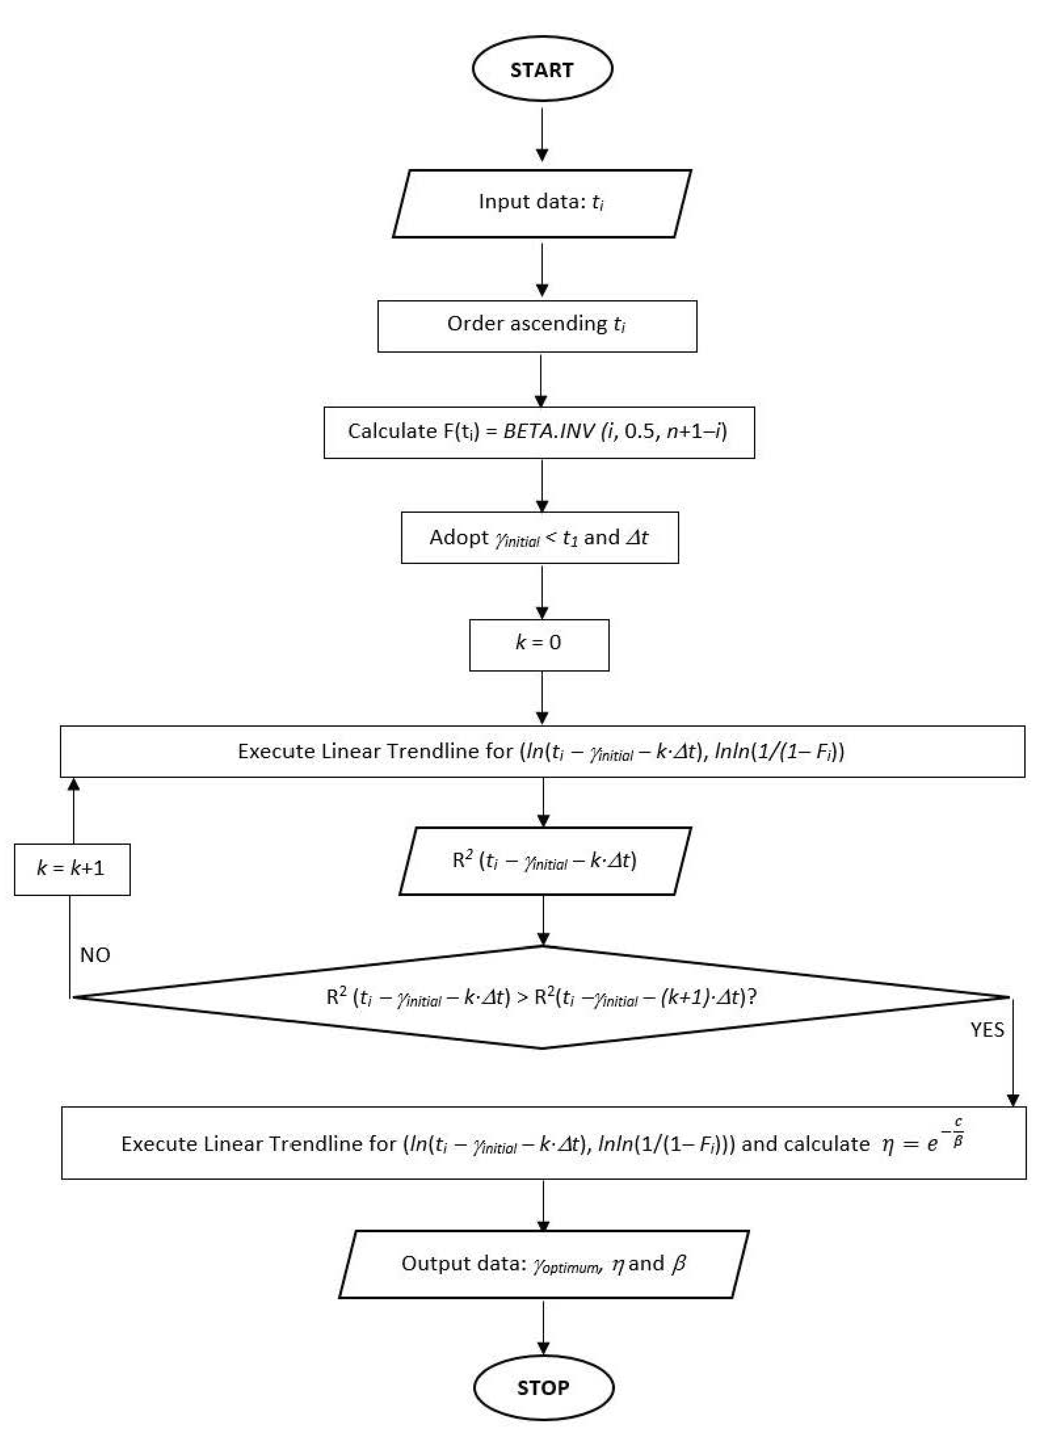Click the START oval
click(x=542, y=69)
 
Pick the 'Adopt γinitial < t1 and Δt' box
click(x=539, y=537)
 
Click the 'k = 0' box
click(x=539, y=645)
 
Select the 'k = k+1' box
click(x=72, y=869)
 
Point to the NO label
click(x=95, y=955)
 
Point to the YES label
click(x=987, y=1030)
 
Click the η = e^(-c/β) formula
click(x=922, y=1144)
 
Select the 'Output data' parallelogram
click(x=543, y=1264)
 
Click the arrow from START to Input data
click(x=542, y=135)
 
